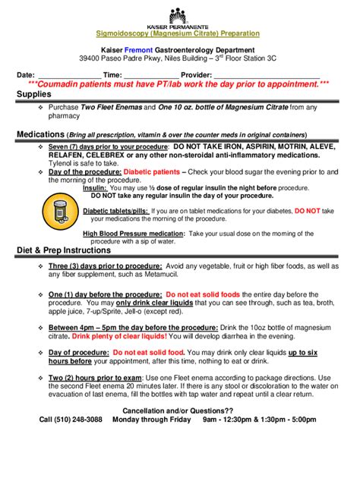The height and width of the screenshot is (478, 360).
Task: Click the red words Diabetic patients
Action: coord(151,171)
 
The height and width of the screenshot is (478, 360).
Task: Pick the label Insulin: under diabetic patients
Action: coord(95,187)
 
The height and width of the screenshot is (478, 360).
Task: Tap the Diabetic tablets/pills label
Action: coord(115,210)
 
